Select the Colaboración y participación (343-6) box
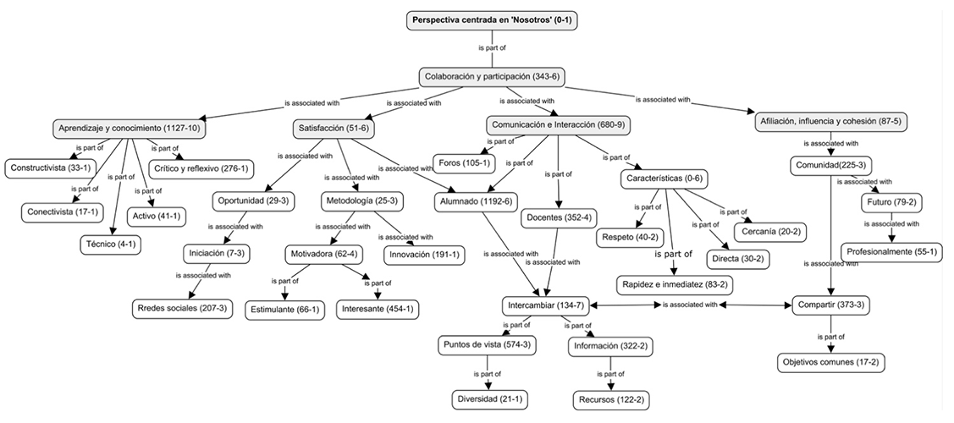(x=492, y=77)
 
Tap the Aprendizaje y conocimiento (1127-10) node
(x=130, y=129)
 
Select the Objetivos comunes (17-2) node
(x=829, y=362)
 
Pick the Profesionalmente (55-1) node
(x=891, y=253)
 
